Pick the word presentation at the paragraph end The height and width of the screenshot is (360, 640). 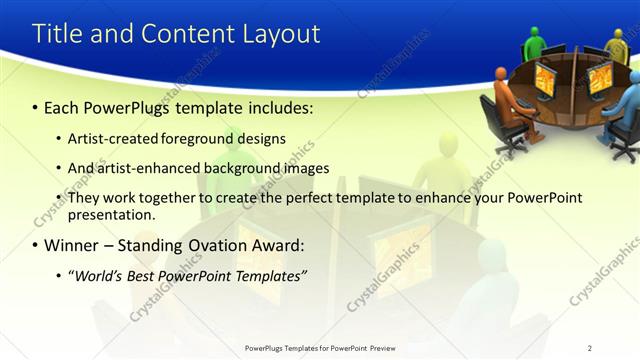[x=111, y=214]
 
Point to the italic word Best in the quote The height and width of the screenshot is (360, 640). [x=143, y=275]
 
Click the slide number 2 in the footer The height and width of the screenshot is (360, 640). [x=590, y=348]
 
